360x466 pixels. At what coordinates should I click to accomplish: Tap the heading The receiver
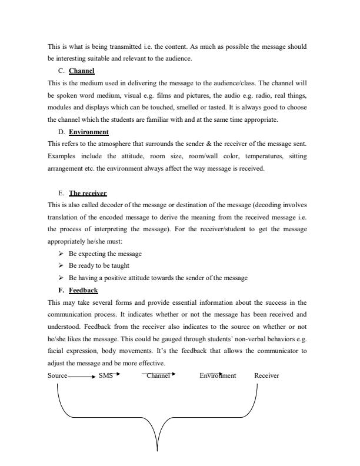pyautogui.click(x=88, y=193)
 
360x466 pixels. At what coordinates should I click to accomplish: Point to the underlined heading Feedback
pyautogui.click(x=83, y=290)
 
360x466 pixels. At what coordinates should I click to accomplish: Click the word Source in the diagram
pyautogui.click(x=58, y=375)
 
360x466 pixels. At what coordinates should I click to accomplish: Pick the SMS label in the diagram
pyautogui.click(x=106, y=375)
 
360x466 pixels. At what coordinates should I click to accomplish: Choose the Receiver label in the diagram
pyautogui.click(x=266, y=375)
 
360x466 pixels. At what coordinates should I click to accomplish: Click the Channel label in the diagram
pyautogui.click(x=158, y=375)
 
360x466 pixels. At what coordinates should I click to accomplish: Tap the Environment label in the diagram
pyautogui.click(x=218, y=375)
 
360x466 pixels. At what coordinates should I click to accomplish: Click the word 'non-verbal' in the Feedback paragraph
pyautogui.click(x=230, y=339)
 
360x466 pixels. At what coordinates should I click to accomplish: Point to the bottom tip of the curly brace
pyautogui.click(x=157, y=450)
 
